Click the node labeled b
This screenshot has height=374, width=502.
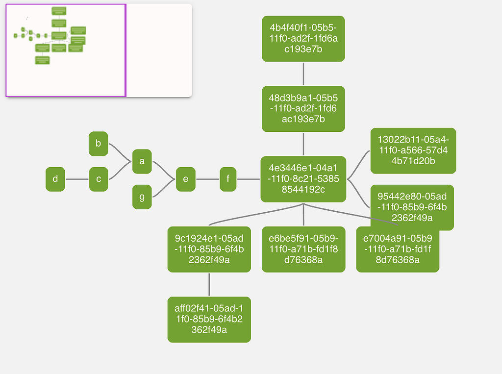click(98, 144)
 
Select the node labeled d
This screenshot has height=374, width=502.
click(55, 179)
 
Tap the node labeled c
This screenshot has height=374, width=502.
click(99, 179)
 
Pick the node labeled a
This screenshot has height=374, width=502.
click(142, 161)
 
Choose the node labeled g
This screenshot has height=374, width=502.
click(142, 197)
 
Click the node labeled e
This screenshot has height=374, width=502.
click(185, 179)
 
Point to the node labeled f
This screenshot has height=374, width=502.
click(228, 179)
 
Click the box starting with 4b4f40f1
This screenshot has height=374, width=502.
click(303, 39)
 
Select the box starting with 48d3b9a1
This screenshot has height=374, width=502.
click(303, 109)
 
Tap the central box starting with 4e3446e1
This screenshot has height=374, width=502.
click(303, 179)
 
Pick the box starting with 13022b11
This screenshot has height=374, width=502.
click(413, 150)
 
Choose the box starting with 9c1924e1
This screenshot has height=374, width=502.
click(209, 249)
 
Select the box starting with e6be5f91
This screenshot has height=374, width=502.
click(303, 249)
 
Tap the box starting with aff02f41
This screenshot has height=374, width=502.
click(209, 319)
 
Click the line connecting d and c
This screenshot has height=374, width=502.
click(77, 179)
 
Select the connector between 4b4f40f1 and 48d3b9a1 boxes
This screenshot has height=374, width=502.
click(303, 74)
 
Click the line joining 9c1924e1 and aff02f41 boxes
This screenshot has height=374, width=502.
click(209, 284)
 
